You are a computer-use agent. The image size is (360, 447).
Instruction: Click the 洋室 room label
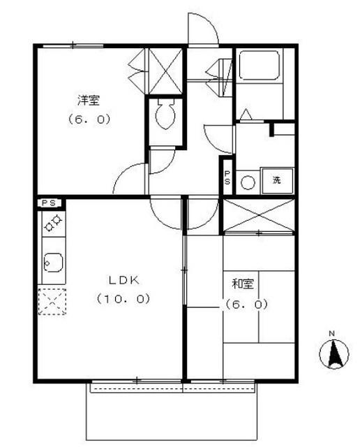pos(89,101)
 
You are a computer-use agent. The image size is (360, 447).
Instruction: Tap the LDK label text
pos(124,281)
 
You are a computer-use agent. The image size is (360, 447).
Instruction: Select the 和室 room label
pos(243,284)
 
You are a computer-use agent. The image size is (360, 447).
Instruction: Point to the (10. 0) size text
pos(123,299)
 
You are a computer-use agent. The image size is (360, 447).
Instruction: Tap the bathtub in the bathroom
pos(259,65)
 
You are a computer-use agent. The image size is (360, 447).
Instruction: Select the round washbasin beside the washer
pos(248,183)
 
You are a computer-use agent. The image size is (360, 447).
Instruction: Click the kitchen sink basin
pos(53,263)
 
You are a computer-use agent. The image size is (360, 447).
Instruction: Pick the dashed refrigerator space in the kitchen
pos(52,302)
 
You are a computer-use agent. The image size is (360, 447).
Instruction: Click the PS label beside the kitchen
pos(49,203)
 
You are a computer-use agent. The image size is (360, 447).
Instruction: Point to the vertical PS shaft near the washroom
pos(227,177)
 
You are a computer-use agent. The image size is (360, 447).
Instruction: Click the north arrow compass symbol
pos(334,354)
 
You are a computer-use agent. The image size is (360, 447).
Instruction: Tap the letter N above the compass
pos(332,333)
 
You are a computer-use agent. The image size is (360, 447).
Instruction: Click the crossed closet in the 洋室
pos(166,71)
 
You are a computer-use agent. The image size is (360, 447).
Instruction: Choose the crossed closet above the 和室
pos(258,216)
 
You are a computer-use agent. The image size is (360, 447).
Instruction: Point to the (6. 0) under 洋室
pos(89,119)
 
